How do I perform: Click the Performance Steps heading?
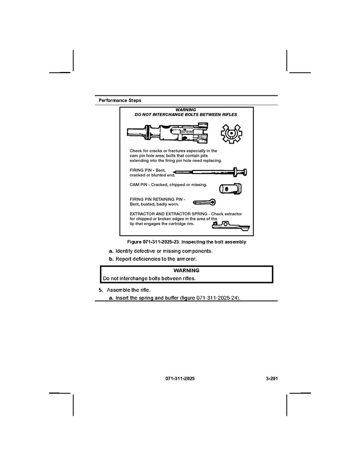point(120,100)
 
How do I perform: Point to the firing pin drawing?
point(212,172)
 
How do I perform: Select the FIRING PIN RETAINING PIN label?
point(157,199)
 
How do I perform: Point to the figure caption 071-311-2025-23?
point(186,242)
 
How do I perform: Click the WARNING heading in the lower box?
point(186,271)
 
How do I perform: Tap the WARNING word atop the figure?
point(185,110)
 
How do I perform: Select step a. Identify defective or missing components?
point(161,251)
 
